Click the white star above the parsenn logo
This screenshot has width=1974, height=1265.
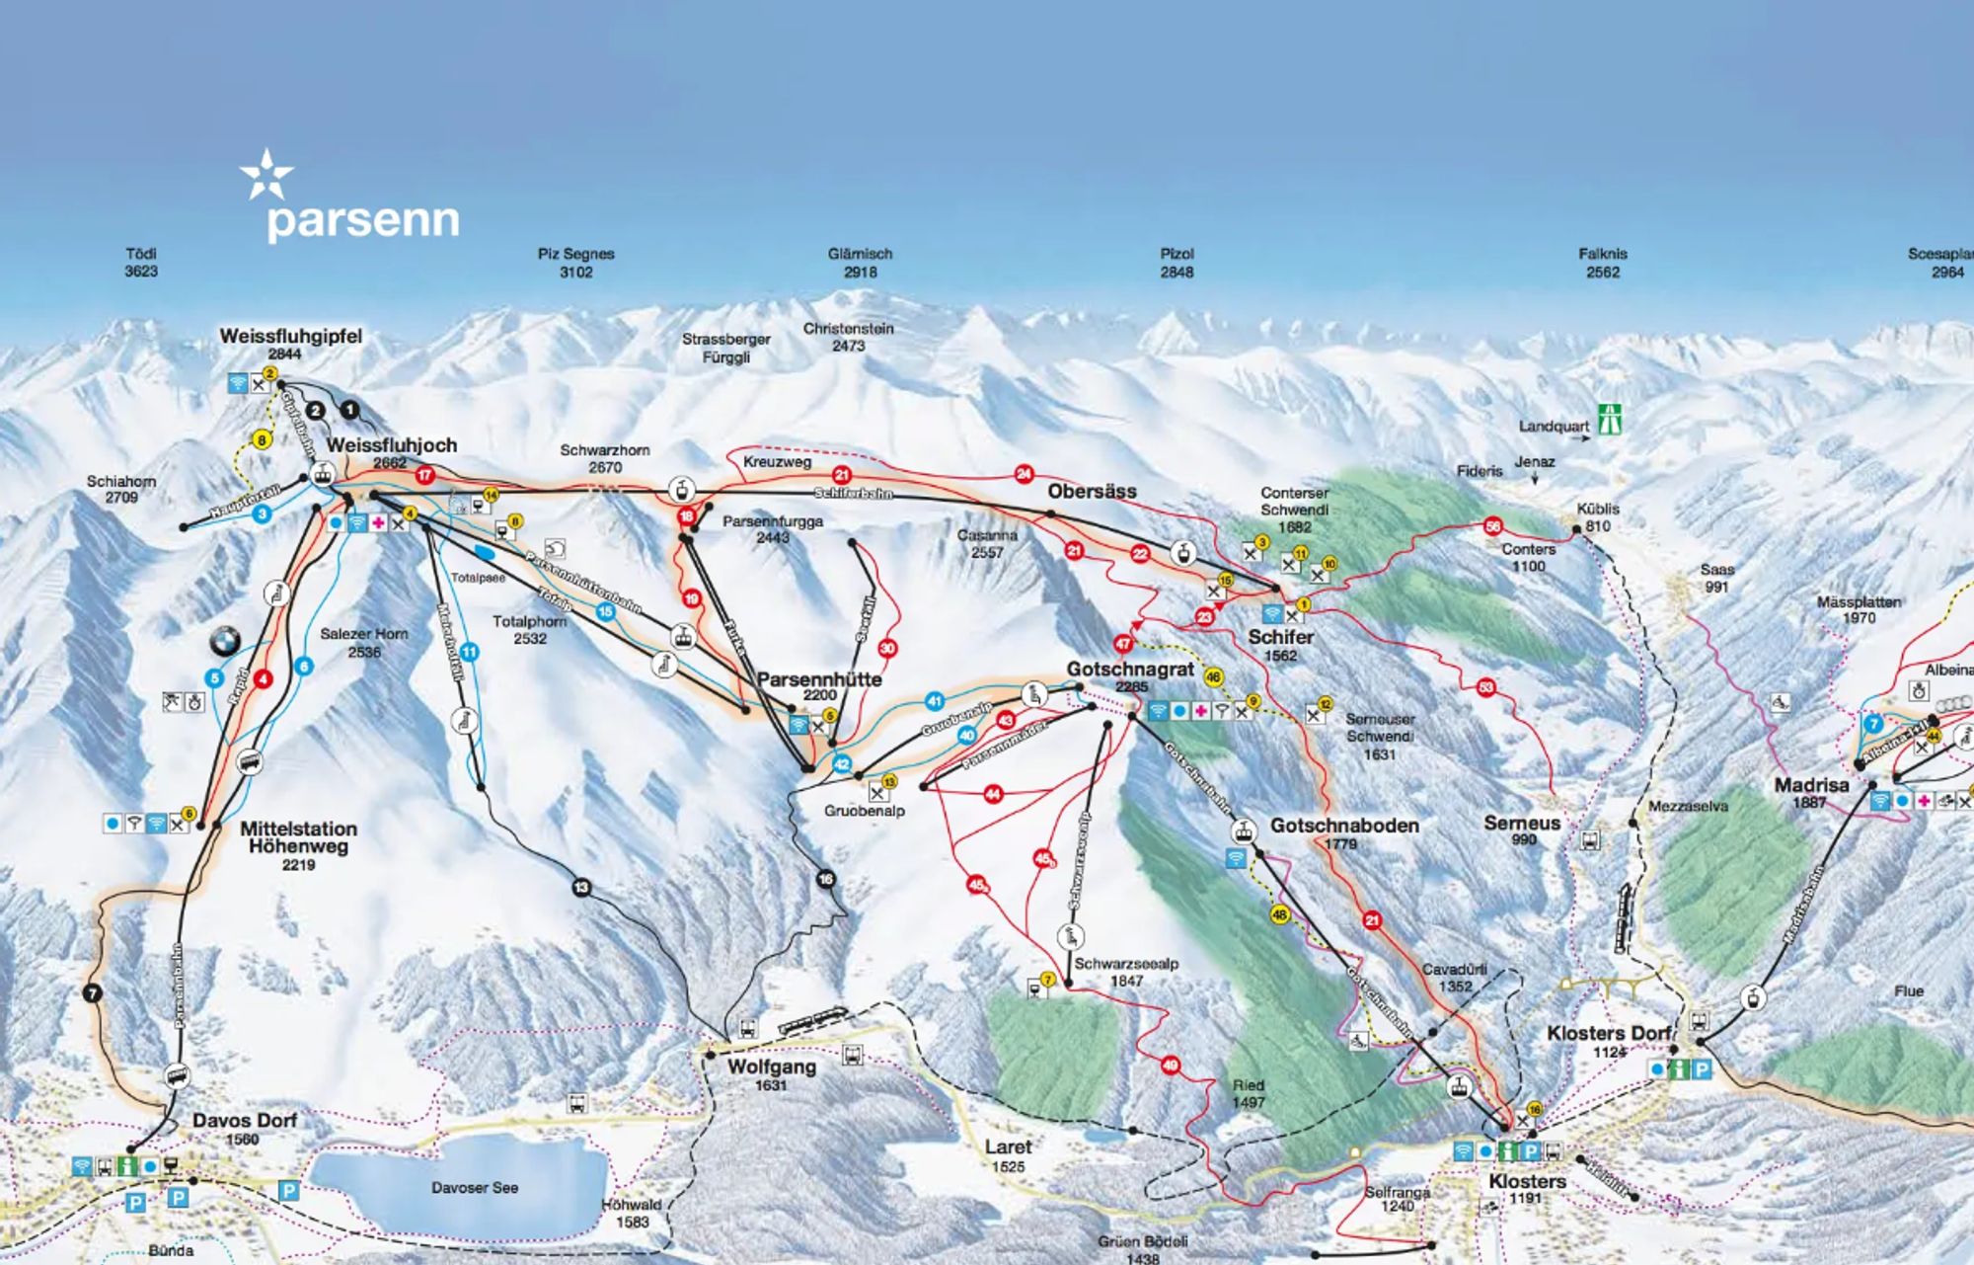266,175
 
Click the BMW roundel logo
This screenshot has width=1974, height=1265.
225,642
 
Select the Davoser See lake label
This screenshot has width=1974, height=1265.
474,1188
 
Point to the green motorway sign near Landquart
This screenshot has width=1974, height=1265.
1611,419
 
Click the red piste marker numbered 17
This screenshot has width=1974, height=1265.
424,475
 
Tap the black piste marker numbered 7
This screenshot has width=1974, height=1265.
94,993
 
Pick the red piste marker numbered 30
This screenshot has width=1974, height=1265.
887,649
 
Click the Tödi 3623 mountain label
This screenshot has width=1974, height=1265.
141,262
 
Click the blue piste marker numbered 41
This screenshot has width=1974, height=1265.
934,702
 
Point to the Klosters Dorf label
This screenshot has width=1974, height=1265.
1608,1034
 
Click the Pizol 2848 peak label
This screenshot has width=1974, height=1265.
1177,263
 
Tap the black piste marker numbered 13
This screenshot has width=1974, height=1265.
581,888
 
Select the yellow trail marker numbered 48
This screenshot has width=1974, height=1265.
1279,914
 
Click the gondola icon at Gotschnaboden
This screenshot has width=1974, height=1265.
1244,831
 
